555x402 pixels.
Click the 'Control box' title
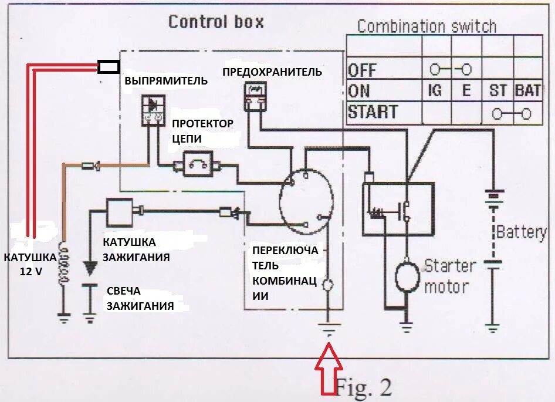click(x=216, y=22)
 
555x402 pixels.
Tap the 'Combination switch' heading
click(x=427, y=26)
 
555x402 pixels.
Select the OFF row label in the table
click(x=362, y=70)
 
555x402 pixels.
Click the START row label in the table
click(x=373, y=112)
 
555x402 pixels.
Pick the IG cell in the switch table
click(x=435, y=91)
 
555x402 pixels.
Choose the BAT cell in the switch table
click(x=527, y=91)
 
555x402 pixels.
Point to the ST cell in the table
click(x=498, y=91)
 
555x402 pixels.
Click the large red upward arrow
click(x=329, y=369)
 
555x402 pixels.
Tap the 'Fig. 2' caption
click(x=363, y=387)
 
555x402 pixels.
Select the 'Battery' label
click(x=521, y=232)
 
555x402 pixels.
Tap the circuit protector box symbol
click(x=198, y=164)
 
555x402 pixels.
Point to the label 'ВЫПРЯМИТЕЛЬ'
click(x=166, y=81)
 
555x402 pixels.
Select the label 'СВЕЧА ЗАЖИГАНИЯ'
click(x=140, y=299)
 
